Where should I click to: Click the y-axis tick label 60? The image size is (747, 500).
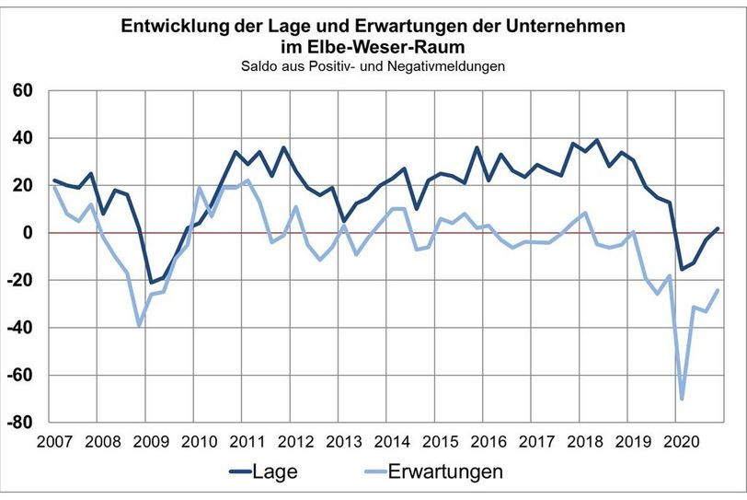(21, 90)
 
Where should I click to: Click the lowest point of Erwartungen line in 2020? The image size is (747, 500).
(682, 399)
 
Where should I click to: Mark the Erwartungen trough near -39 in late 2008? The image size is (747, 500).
(139, 325)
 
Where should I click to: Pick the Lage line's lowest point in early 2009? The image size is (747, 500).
(151, 283)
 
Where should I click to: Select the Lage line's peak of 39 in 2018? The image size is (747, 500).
(597, 140)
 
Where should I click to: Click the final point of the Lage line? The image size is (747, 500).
(718, 227)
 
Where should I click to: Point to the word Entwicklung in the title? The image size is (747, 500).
(168, 27)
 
